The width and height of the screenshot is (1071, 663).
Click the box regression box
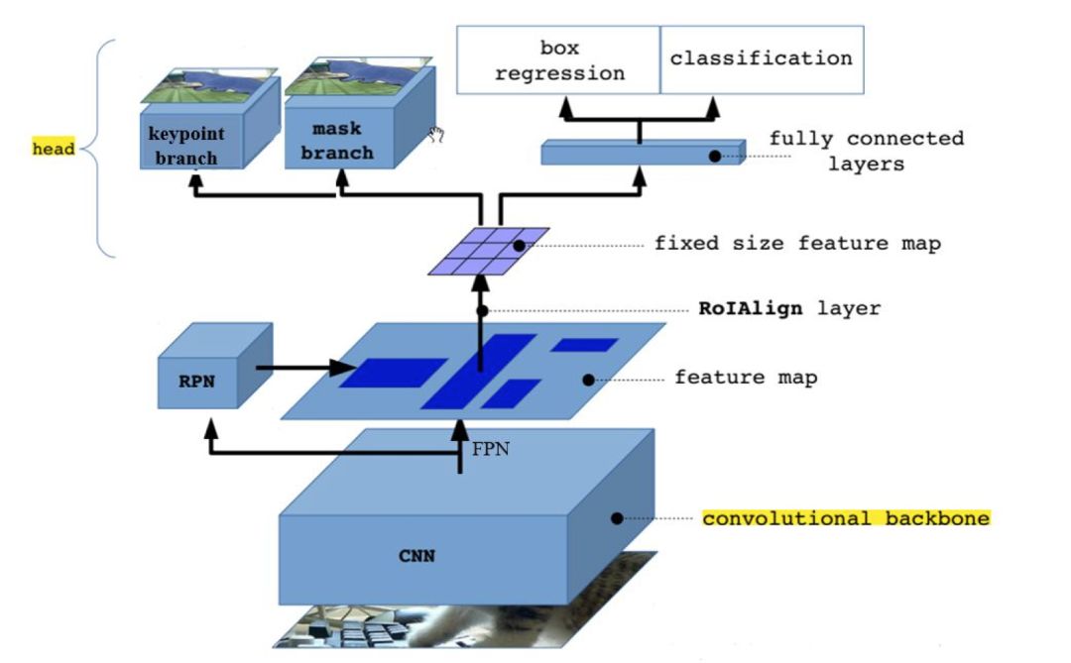click(558, 60)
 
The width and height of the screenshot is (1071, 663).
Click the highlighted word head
click(54, 150)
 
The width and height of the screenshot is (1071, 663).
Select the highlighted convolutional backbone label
click(846, 518)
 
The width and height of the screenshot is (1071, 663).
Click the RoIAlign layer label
click(789, 308)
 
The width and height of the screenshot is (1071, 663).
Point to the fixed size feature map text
click(796, 243)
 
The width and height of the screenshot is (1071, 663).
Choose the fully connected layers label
click(866, 151)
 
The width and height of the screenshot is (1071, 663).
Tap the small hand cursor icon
click(434, 136)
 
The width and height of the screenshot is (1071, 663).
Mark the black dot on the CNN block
click(616, 517)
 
